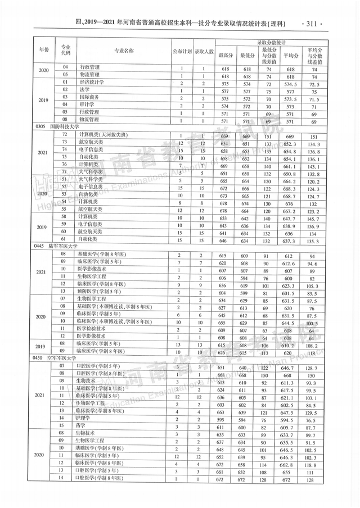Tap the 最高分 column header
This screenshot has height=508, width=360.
coord(224,55)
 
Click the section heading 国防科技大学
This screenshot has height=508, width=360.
coord(66,127)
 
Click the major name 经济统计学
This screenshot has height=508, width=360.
coord(91,81)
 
